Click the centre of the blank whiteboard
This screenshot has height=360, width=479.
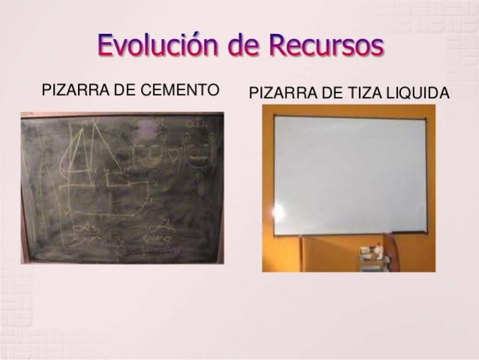[x=349, y=175]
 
